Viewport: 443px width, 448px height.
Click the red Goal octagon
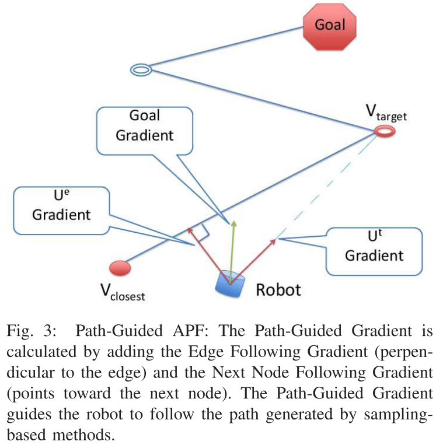point(330,25)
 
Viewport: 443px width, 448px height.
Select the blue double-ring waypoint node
point(141,70)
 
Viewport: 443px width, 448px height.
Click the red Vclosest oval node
point(120,268)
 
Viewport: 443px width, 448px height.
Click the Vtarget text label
point(385,113)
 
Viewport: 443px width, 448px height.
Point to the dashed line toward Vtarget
point(327,187)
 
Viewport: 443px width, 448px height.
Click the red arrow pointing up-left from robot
point(207,251)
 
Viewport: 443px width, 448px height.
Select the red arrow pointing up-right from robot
point(254,257)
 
